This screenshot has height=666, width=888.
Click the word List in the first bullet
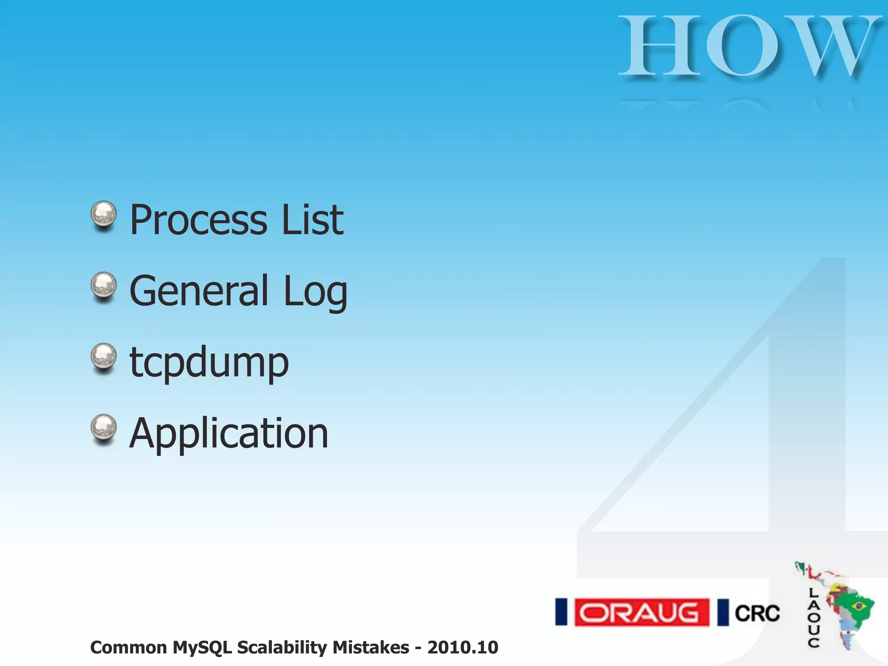[313, 220]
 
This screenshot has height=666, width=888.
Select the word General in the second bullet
[199, 291]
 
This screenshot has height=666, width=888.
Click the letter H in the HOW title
[659, 45]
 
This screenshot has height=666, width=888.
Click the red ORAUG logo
[641, 612]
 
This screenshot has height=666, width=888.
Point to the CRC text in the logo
[757, 613]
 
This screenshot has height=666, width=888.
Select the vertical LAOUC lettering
[813, 617]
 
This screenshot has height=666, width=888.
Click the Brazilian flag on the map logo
[858, 605]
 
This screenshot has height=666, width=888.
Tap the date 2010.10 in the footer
[463, 648]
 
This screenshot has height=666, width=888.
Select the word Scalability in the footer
[284, 648]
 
